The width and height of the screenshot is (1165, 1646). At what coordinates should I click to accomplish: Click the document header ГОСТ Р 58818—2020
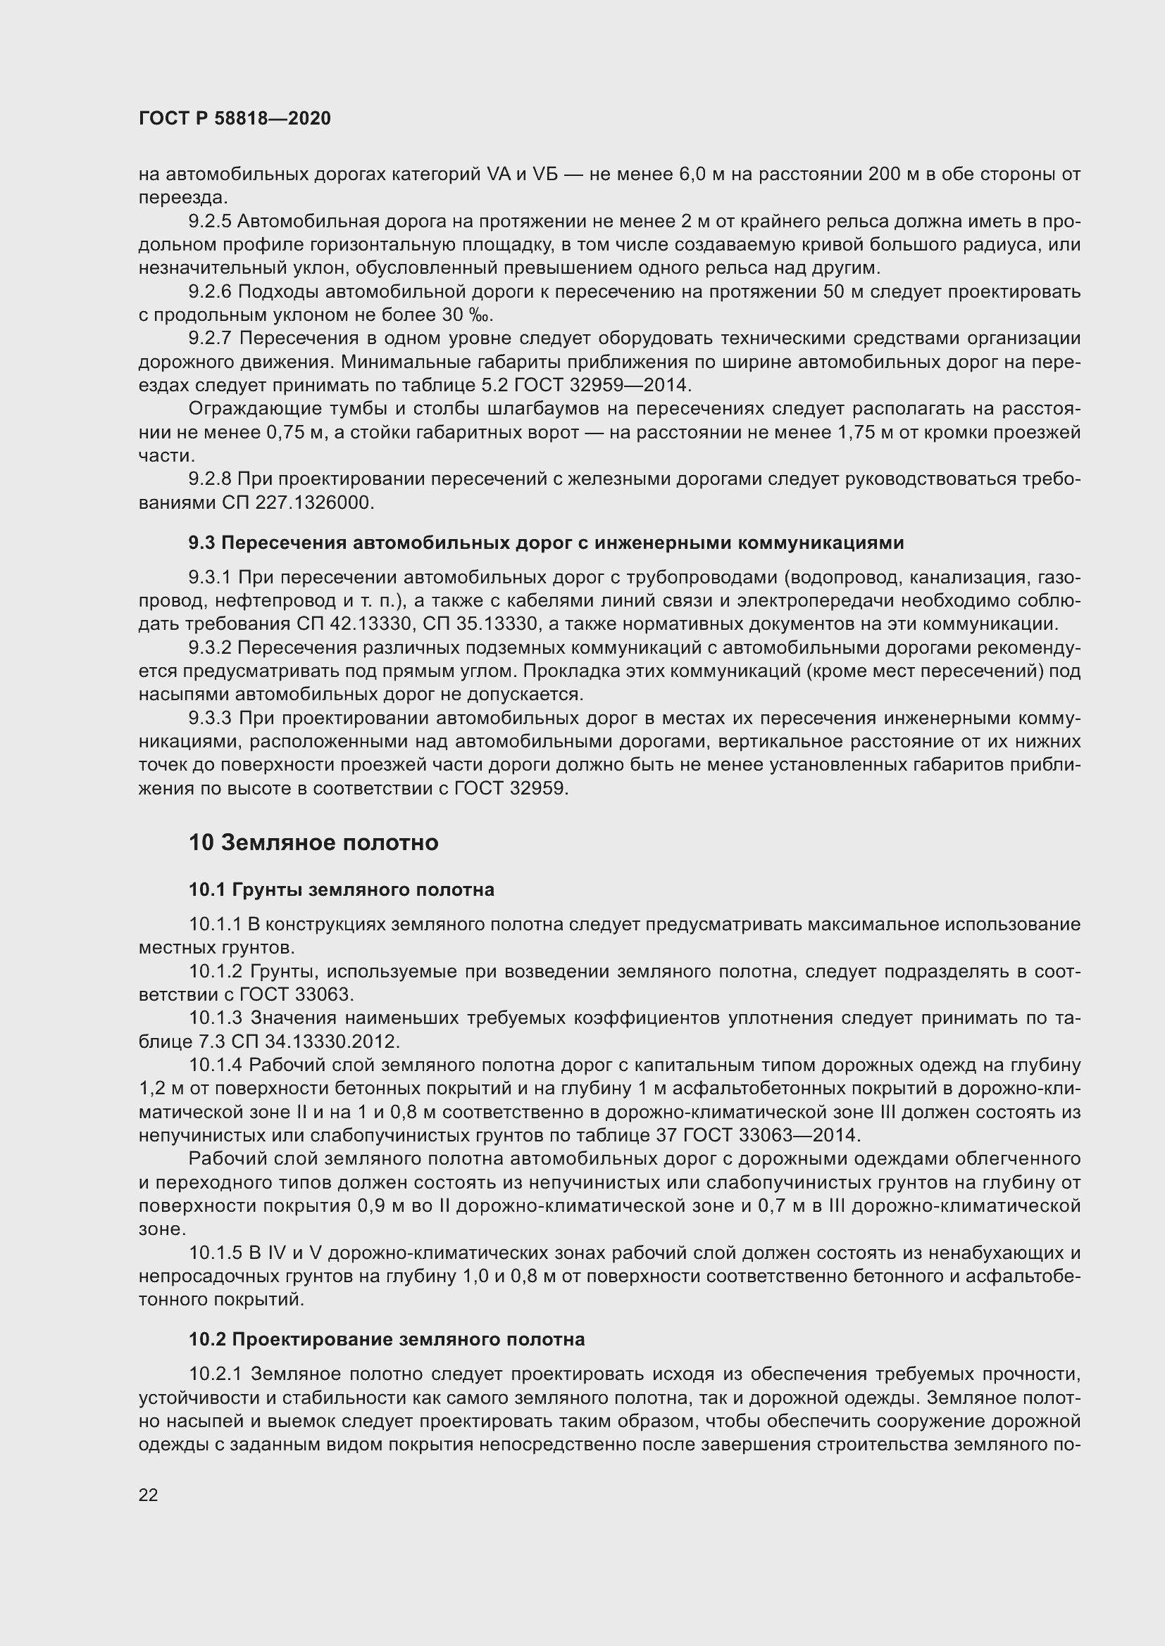click(235, 119)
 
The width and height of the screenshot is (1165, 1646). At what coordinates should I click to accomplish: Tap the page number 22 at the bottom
click(148, 1495)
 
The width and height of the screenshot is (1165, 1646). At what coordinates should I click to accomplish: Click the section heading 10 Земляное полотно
click(313, 842)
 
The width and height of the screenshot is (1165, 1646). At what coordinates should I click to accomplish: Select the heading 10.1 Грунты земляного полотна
click(342, 890)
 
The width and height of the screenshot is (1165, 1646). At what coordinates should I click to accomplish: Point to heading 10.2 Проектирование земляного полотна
click(387, 1339)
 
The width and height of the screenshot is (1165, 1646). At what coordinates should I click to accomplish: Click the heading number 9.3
click(201, 543)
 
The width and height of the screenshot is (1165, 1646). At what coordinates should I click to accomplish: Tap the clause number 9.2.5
click(210, 222)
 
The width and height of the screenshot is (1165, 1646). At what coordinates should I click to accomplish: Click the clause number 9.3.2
click(210, 647)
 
